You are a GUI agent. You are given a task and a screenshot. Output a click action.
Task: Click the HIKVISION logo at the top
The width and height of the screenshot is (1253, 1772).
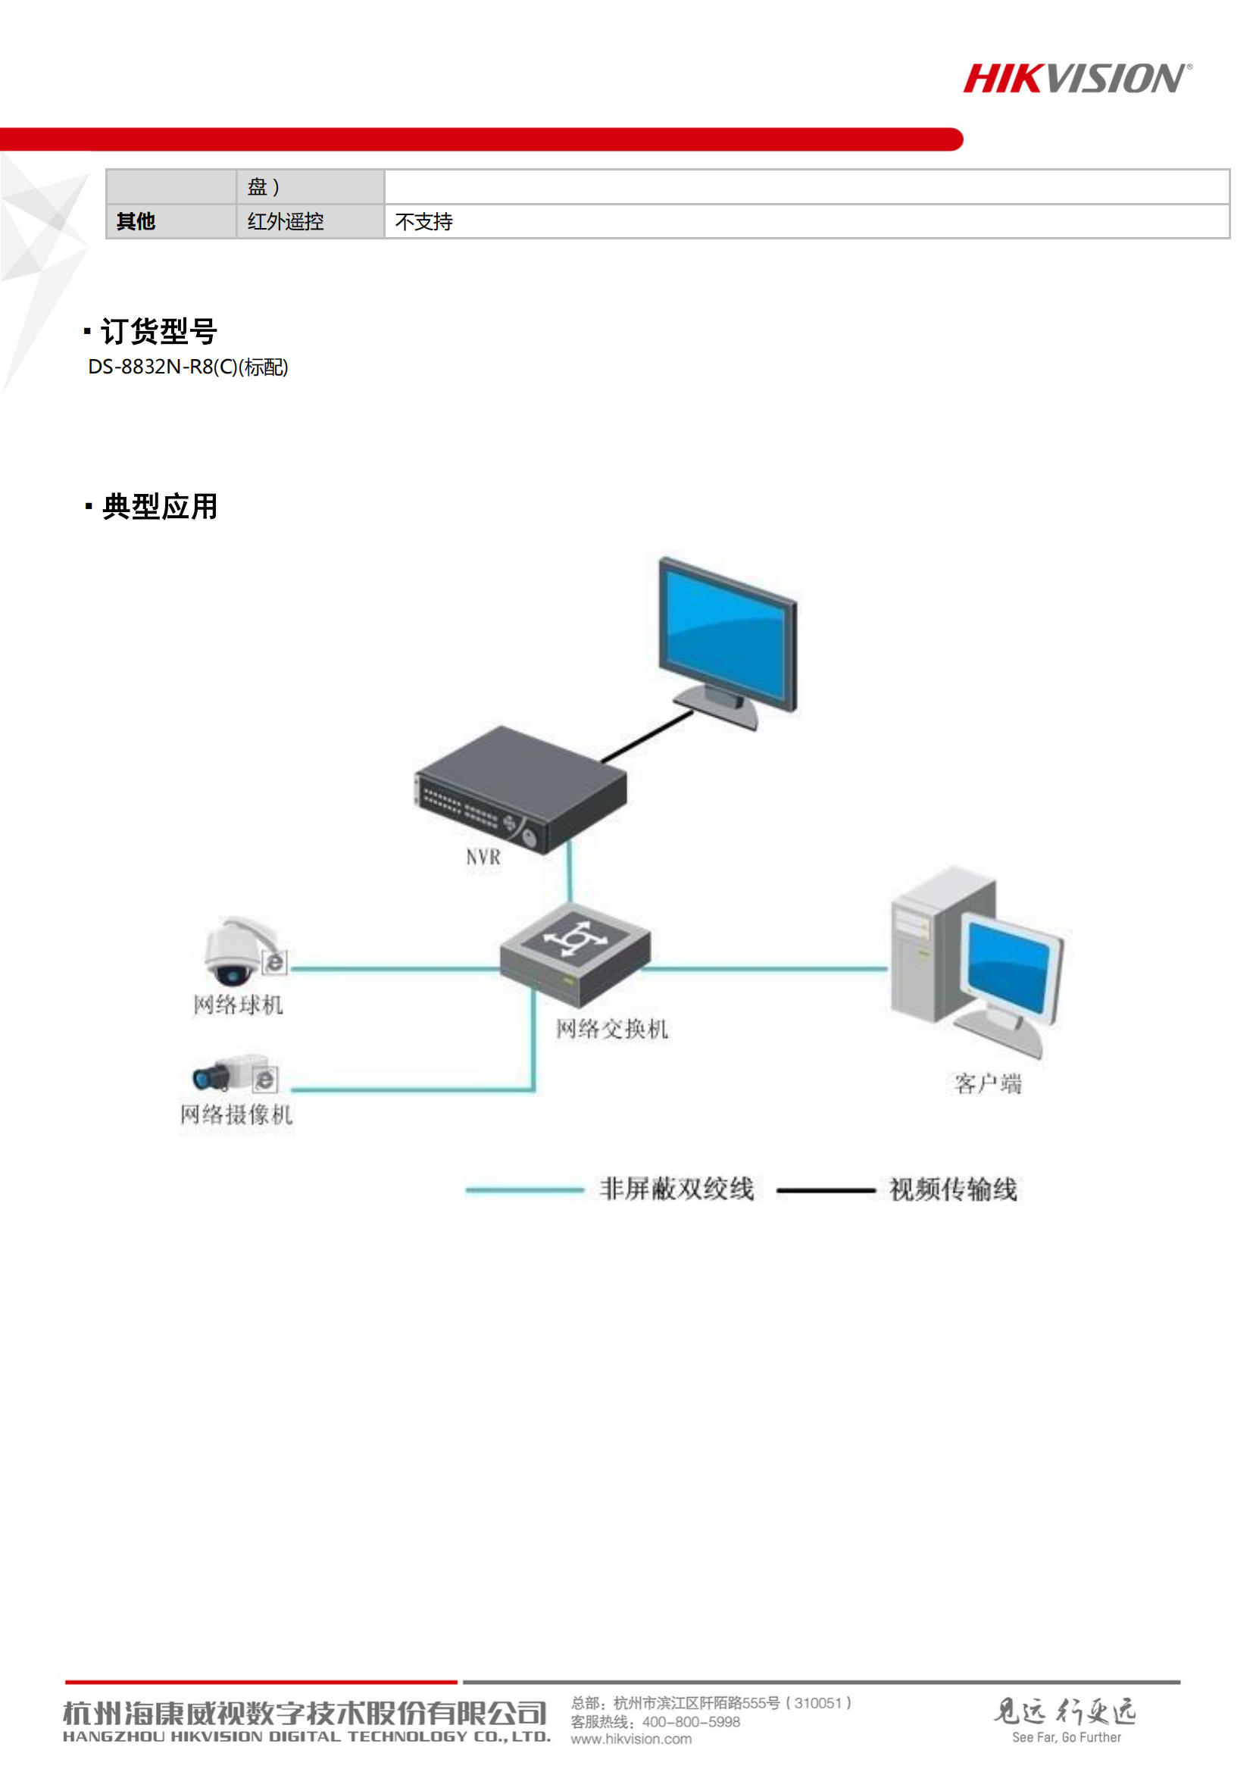[x=1076, y=79]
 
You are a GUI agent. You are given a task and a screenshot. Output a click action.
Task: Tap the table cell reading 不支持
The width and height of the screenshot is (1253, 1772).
[x=423, y=222]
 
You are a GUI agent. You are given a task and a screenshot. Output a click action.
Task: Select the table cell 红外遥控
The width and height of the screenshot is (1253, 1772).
[x=286, y=222]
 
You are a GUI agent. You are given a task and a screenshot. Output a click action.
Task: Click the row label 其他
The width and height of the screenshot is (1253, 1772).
[x=136, y=222]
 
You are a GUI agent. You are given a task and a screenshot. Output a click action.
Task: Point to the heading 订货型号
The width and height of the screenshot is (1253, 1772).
[x=158, y=332]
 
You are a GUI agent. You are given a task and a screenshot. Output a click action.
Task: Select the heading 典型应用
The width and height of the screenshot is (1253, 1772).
[x=160, y=507]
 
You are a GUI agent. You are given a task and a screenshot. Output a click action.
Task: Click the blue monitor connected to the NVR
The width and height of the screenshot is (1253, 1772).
[x=726, y=636]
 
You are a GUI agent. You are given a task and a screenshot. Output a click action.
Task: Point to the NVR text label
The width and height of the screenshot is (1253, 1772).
[x=483, y=858]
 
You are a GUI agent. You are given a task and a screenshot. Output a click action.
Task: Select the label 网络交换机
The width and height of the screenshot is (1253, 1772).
[x=612, y=1029]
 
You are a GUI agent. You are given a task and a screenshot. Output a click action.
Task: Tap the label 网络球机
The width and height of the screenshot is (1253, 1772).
[x=239, y=1005]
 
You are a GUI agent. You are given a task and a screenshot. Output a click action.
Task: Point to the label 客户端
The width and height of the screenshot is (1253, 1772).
[x=988, y=1084]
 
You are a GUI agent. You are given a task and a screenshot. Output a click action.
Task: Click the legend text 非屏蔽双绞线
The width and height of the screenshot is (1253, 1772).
[x=676, y=1189]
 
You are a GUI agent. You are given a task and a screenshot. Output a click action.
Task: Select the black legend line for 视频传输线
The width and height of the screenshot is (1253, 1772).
[x=826, y=1191]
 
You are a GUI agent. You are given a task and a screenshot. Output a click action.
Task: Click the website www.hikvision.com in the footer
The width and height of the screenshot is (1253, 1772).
[x=631, y=1739]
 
